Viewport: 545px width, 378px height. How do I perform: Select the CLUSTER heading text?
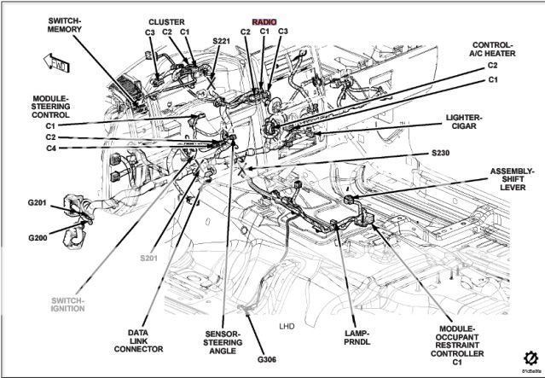(166, 21)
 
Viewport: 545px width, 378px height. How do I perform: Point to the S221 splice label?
(220, 40)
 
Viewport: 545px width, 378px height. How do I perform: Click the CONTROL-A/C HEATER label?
(492, 49)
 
